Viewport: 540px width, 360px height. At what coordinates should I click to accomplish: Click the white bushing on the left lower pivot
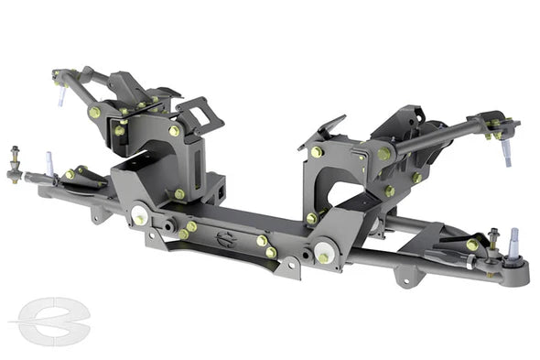pos(139,217)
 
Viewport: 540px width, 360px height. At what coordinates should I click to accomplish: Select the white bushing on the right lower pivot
pos(325,251)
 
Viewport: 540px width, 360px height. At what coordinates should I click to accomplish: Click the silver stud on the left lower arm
pos(48,164)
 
